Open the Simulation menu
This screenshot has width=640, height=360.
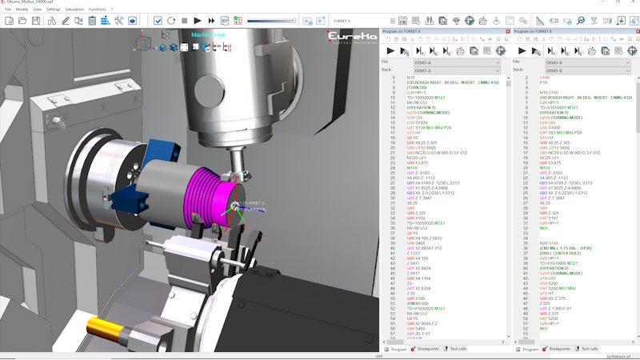point(74,9)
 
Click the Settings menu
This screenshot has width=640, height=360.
point(53,9)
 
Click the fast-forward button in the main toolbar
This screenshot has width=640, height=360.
point(211,20)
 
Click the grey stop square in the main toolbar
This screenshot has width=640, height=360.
point(185,20)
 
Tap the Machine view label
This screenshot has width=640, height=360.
point(209,35)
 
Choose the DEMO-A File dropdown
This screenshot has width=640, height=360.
point(456,62)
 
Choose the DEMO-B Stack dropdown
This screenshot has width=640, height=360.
point(588,70)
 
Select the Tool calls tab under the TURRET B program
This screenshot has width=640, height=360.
point(586,349)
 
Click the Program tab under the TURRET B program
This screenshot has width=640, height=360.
point(528,349)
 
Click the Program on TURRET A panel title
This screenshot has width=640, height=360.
point(412,31)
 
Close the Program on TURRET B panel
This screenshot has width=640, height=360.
point(635,31)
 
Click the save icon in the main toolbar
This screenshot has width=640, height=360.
point(36,20)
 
